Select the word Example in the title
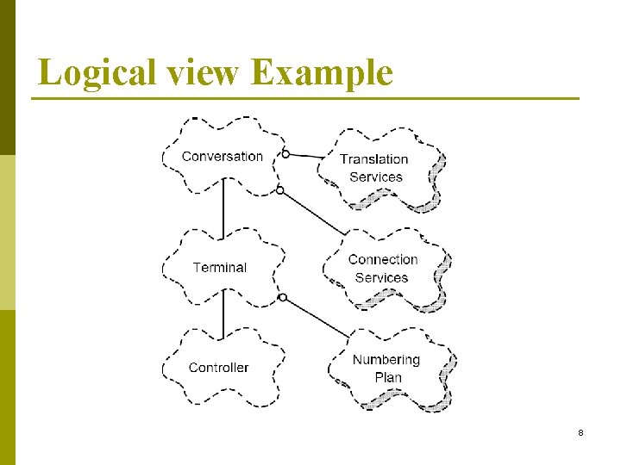322,72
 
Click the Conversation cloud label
223,156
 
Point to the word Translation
374,158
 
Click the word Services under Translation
376,177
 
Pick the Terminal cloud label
220,267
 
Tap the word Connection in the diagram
383,259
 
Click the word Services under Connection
381,277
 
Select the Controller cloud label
218,368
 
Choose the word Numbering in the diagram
386,359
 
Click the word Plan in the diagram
388,377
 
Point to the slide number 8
580,432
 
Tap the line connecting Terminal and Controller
223,314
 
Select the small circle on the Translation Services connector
285,155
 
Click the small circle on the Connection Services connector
279,189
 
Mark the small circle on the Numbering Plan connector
282,300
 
